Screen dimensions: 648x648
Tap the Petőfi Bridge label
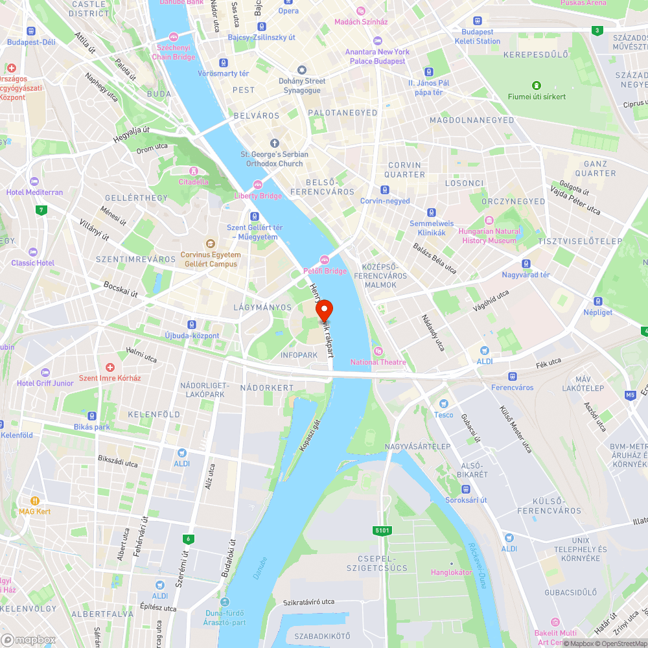pos(325,271)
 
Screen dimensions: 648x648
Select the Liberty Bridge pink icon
pos(258,185)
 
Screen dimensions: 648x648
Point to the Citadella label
pos(194,181)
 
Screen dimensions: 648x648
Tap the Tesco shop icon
pos(444,404)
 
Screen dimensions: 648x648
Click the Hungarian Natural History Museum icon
pos(489,220)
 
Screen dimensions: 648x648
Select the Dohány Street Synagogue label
pos(302,86)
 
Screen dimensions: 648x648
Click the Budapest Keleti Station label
pos(478,36)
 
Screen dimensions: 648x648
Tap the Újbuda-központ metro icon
pos(192,324)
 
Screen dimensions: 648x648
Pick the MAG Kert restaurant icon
pos(35,500)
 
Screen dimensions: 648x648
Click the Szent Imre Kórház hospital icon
pos(110,367)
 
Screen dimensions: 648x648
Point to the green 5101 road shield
pos(382,531)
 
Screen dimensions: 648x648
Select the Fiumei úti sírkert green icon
pos(536,86)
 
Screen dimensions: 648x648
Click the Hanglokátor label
pos(451,572)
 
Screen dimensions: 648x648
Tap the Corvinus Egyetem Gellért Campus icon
pos(210,244)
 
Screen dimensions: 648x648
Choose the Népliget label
pos(598,312)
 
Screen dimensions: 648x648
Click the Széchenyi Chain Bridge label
pos(173,52)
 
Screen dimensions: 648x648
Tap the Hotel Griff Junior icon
pos(45,372)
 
